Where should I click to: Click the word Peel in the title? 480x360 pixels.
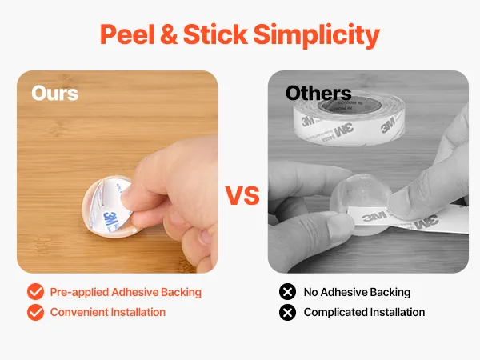[x=127, y=34]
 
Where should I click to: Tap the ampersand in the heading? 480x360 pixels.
[x=169, y=34]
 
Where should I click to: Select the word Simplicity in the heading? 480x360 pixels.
[x=317, y=36]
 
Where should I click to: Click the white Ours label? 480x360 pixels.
[x=54, y=93]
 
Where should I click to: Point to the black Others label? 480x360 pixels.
[x=318, y=93]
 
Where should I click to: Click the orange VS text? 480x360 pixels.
[x=242, y=196]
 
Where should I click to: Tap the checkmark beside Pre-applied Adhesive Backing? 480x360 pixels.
[x=35, y=292]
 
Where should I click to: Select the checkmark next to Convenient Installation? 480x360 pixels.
[x=35, y=312]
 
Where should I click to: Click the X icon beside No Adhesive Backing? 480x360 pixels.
[x=287, y=292]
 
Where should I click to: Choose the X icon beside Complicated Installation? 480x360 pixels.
[x=287, y=312]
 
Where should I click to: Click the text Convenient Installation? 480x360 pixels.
[x=108, y=312]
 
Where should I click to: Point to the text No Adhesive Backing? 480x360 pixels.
[x=357, y=292]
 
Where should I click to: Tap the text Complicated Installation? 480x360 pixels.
[x=364, y=312]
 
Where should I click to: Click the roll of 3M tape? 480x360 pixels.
[x=349, y=118]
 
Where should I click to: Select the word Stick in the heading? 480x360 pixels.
[x=215, y=34]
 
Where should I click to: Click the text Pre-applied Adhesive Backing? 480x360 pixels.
[x=126, y=292]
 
